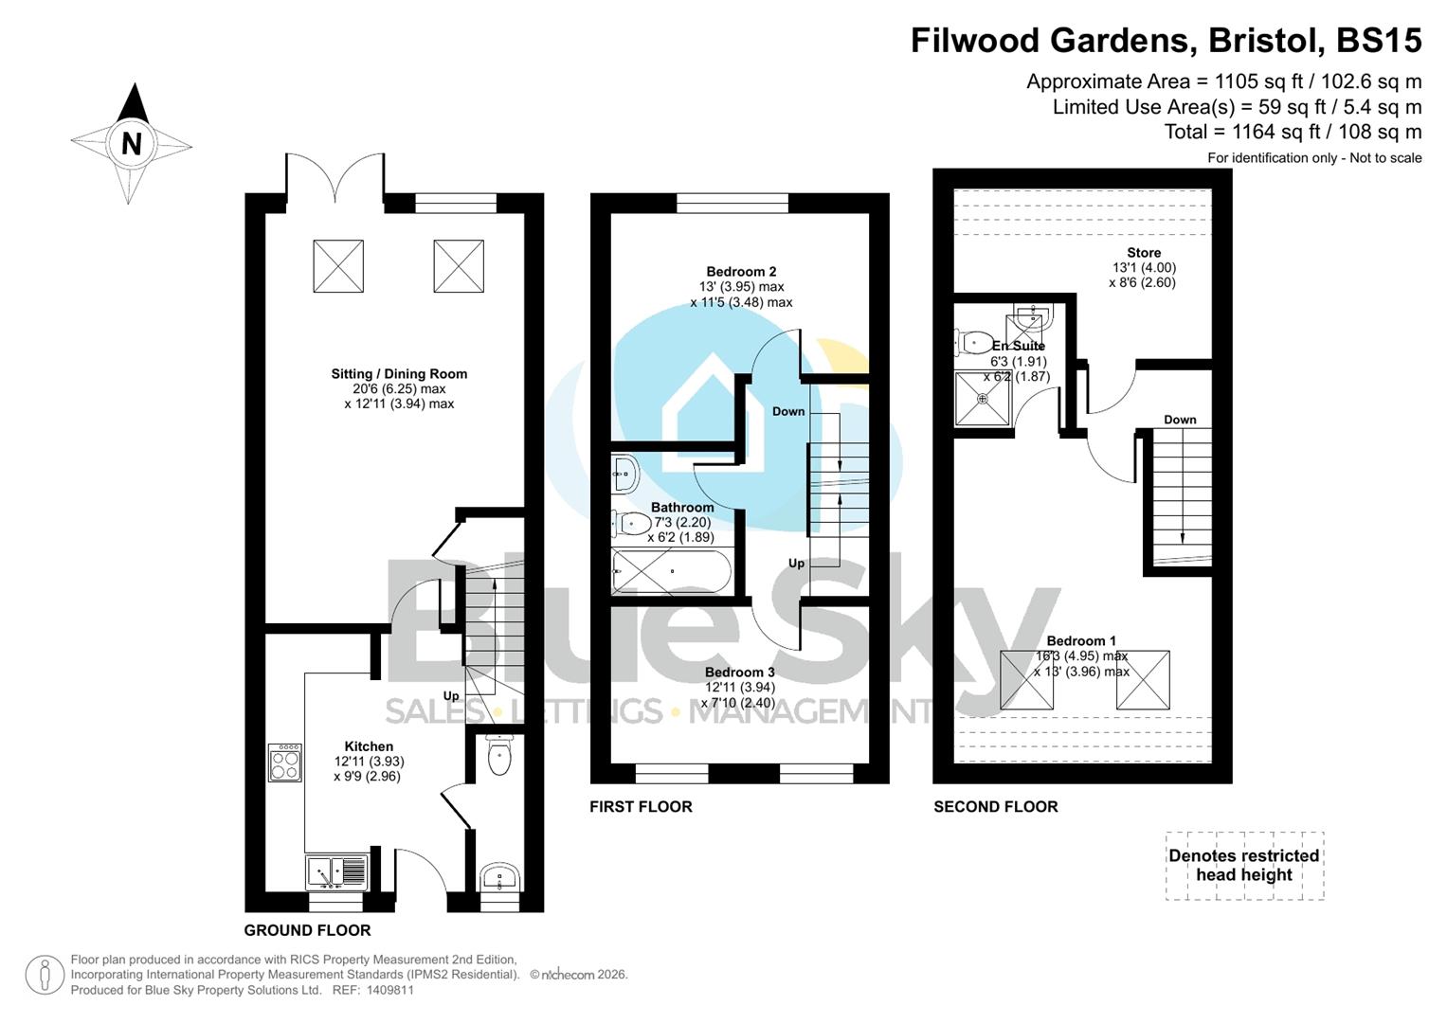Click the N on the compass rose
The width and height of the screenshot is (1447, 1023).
click(x=132, y=144)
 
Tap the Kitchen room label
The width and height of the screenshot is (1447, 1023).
click(x=369, y=746)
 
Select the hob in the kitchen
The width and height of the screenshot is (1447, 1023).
click(x=285, y=763)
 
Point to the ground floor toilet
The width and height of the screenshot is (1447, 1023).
click(x=498, y=756)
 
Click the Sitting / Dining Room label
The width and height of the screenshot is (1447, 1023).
click(x=399, y=374)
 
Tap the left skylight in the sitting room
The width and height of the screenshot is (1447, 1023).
click(x=338, y=266)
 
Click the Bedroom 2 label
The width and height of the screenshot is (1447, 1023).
click(x=741, y=272)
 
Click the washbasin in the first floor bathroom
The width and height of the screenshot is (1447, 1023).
click(x=624, y=473)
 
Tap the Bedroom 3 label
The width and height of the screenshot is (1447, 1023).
click(x=739, y=673)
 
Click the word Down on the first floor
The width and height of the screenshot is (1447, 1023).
click(x=788, y=411)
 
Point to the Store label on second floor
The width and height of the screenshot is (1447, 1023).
click(x=1144, y=253)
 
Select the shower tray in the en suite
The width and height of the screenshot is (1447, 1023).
click(x=983, y=399)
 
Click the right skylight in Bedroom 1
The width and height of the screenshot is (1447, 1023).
click(x=1143, y=680)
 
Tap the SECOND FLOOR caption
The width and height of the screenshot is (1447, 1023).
click(x=995, y=807)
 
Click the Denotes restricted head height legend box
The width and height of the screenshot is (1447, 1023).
click(x=1243, y=866)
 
